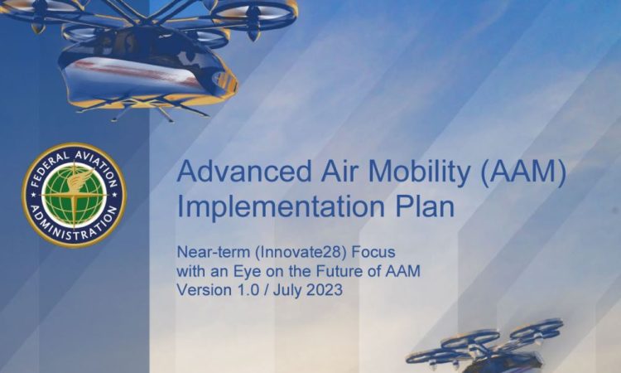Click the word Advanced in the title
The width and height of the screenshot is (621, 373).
tap(244, 172)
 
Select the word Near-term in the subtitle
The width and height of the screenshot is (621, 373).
tap(213, 252)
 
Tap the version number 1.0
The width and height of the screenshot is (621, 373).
tap(248, 290)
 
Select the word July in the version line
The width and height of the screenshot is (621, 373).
tap(286, 291)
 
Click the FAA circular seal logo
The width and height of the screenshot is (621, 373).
tap(74, 195)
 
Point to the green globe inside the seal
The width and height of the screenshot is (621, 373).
tap(74, 195)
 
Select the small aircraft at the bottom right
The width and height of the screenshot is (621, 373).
tap(484, 346)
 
